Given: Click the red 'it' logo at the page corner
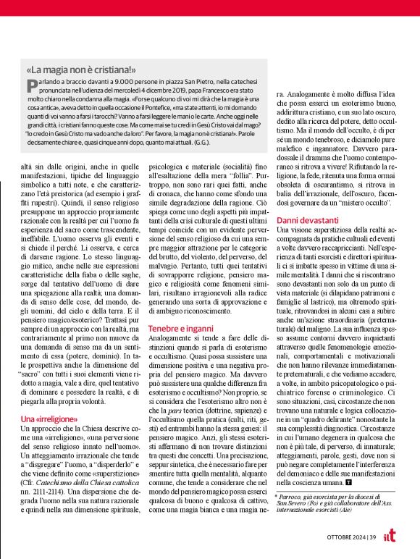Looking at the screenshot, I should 408,535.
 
